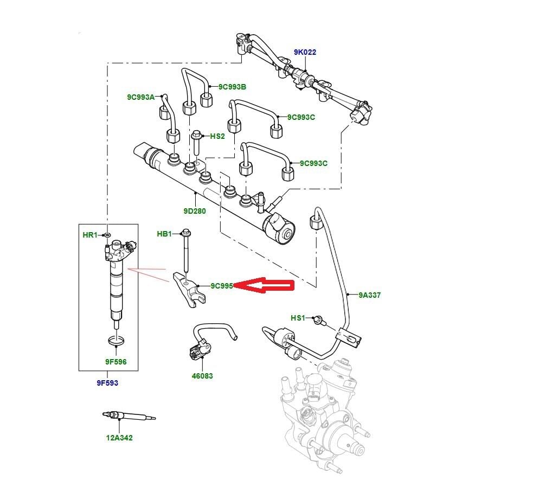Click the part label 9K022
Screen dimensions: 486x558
point(305,53)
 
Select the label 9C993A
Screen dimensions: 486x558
point(140,97)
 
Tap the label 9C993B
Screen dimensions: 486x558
point(232,87)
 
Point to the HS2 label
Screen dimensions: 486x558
point(217,136)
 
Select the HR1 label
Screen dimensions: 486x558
point(89,235)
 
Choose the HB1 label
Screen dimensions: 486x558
point(164,234)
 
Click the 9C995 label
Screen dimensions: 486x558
point(222,286)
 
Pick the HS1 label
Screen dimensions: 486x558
point(298,318)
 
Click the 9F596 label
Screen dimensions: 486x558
point(116,362)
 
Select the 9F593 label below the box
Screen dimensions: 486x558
point(107,383)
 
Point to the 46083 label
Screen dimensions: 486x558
point(202,376)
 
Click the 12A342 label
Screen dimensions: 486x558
point(119,438)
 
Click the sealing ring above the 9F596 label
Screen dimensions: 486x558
point(116,341)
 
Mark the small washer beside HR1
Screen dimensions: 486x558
point(107,235)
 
